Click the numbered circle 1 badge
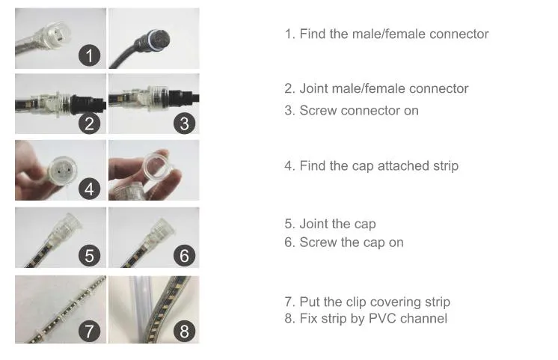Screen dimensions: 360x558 (90, 55)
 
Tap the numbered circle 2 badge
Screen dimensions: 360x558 (90, 122)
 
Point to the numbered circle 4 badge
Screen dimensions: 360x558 (90, 189)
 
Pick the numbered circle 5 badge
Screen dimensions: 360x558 (90, 255)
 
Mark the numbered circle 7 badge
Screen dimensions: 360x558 (90, 330)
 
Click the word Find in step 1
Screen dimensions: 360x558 (313, 34)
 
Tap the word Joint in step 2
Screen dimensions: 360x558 (314, 88)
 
